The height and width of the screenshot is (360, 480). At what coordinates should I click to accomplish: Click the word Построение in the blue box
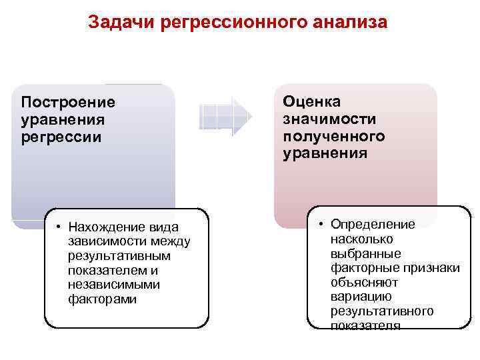(x=68, y=103)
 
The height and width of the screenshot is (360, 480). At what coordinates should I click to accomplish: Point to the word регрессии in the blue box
(x=61, y=137)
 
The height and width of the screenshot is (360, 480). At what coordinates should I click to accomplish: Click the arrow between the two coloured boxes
(x=225, y=116)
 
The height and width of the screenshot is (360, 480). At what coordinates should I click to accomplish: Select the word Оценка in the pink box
(x=311, y=101)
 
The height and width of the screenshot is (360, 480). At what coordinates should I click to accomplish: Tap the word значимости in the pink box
(x=329, y=119)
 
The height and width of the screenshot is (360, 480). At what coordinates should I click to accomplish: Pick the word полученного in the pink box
(x=333, y=136)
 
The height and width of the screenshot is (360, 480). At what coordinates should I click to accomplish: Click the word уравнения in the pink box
(x=325, y=153)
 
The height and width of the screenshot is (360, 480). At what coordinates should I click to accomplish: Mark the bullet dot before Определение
(x=321, y=225)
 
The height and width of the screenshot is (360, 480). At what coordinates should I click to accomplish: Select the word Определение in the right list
(x=373, y=225)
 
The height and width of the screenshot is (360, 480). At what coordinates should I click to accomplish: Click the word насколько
(x=362, y=239)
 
